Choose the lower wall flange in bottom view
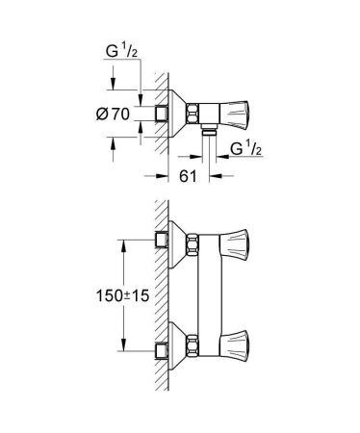coord(173,344)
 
